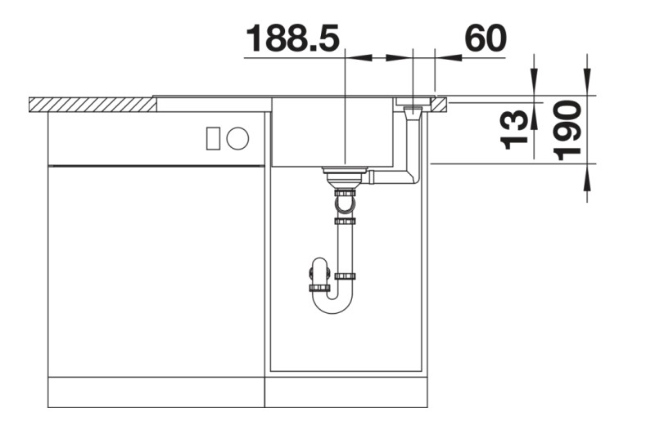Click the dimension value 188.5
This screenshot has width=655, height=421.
point(292,38)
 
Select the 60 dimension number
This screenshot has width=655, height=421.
point(485,38)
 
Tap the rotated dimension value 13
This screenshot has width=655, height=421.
point(515,131)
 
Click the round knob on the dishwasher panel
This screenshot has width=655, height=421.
point(237,138)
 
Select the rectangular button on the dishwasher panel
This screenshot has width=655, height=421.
point(213,138)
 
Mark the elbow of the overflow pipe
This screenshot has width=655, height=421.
point(413,177)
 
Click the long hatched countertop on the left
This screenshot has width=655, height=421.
point(92,104)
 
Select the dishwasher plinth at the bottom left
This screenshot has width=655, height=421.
point(156,392)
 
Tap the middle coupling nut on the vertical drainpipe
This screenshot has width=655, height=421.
point(344,221)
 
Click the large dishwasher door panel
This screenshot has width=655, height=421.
point(156,270)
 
